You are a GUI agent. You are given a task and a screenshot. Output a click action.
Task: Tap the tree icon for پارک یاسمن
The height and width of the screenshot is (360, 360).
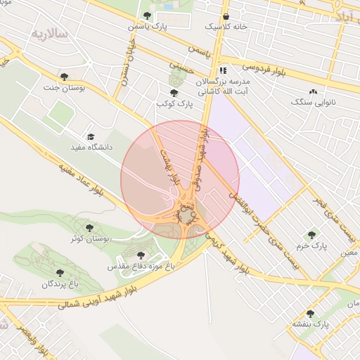(146, 15)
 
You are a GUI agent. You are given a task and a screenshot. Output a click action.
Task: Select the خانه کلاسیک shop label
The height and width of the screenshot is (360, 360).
(226, 26)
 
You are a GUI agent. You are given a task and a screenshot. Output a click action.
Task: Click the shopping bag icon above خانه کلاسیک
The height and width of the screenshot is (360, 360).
(226, 15)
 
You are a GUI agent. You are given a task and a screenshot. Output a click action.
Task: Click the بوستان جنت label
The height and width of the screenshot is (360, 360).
(64, 88)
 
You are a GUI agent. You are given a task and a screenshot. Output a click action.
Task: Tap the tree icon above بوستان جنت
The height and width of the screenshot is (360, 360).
(64, 77)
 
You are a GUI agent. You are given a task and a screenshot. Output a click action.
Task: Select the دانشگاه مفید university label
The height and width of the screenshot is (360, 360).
(89, 148)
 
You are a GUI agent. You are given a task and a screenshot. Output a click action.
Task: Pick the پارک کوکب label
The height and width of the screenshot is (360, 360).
(174, 103)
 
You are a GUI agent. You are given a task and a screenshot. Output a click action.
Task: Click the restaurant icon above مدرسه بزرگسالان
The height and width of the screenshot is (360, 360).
(223, 71)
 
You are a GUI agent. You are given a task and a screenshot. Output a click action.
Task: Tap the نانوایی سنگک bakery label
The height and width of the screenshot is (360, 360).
(314, 103)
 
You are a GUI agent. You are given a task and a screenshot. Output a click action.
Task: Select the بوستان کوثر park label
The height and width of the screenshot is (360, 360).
(89, 239)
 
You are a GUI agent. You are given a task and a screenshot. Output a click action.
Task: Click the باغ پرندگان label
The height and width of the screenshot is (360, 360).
(57, 283)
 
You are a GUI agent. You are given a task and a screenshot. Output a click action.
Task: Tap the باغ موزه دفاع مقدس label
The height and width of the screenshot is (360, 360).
(141, 266)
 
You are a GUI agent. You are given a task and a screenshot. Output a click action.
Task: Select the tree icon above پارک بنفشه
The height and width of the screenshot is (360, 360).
(310, 314)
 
